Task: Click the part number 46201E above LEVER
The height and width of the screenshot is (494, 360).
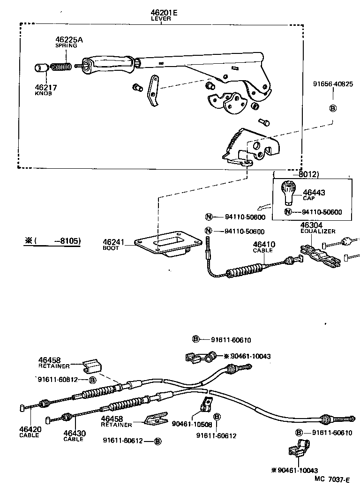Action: tap(164, 13)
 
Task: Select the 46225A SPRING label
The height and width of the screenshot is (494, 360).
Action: tap(69, 42)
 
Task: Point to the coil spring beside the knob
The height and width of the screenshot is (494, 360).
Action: tap(61, 67)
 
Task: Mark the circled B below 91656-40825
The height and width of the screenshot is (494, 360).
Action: tap(333, 109)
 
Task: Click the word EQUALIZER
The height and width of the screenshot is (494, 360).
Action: tap(317, 231)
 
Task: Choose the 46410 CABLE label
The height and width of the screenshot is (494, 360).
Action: tap(263, 247)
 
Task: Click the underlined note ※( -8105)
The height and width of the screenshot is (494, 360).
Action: tap(52, 241)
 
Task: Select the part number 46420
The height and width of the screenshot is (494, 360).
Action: tap(30, 429)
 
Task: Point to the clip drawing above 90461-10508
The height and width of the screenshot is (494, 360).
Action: tap(205, 404)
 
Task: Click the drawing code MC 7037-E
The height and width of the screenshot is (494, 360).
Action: tap(332, 480)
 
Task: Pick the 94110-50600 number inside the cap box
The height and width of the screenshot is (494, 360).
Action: tap(322, 212)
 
